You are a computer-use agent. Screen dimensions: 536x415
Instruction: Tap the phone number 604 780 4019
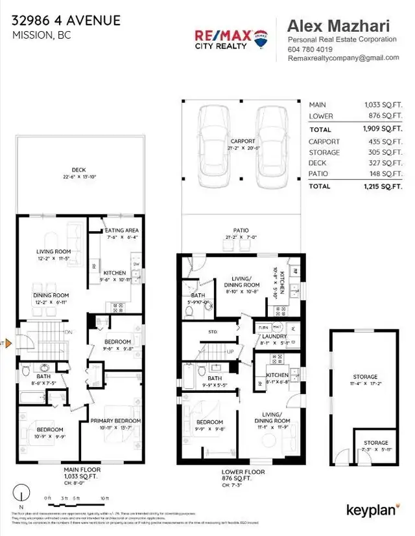tap(311, 49)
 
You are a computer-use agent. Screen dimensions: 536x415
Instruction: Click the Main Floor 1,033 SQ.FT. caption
tap(81, 474)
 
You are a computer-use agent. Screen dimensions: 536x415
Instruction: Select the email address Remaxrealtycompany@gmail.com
tap(343, 58)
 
